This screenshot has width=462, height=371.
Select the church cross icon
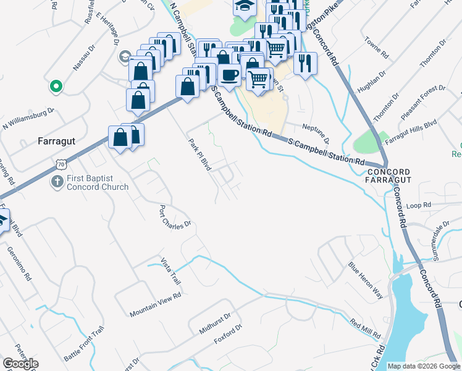point(56,182)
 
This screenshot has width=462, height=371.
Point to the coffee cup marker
point(229,75)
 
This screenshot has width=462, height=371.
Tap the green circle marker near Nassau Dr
point(56,87)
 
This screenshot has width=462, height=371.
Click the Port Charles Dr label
point(175,217)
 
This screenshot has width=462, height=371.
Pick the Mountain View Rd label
point(155,305)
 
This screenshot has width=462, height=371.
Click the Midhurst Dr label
point(215,323)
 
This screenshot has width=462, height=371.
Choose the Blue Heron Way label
point(366,281)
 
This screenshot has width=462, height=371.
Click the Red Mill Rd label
point(364,328)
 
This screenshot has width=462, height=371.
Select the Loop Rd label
point(418,204)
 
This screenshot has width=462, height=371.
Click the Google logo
point(20,364)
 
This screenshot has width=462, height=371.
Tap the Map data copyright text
point(423,366)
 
